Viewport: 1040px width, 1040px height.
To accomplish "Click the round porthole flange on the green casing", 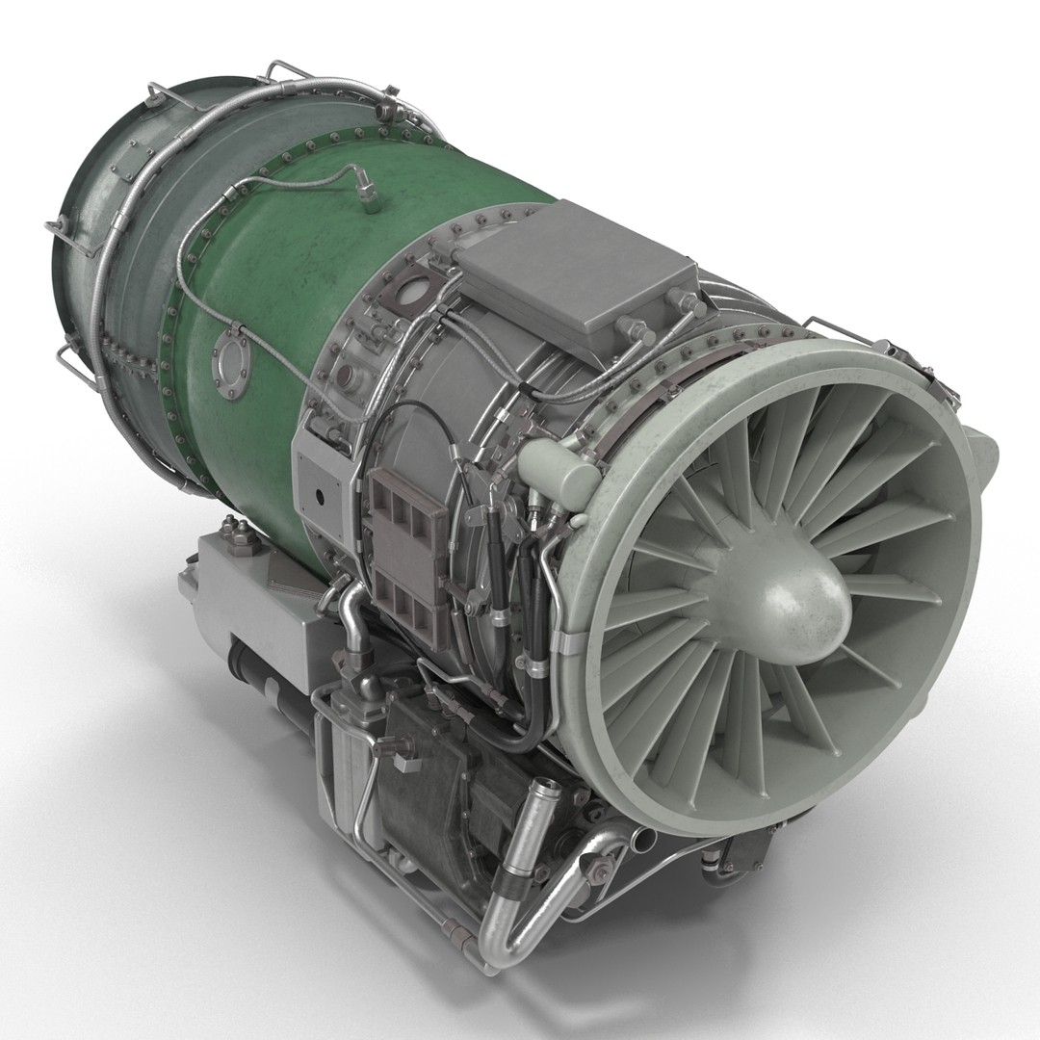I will point(232,365).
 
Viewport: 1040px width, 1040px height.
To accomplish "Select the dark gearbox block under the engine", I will point(433,780).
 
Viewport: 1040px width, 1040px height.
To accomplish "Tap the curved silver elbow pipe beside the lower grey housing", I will point(351,616).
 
